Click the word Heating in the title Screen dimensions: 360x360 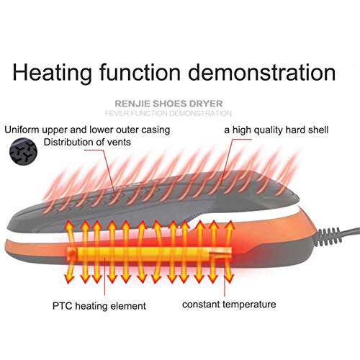click(x=52, y=73)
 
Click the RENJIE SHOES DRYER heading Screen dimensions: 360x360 click(x=168, y=104)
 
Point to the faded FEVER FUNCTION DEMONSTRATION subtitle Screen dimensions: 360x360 click(x=168, y=113)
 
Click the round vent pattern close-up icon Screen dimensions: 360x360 click(x=23, y=151)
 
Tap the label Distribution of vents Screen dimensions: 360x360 click(x=87, y=142)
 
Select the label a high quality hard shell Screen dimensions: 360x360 click(x=276, y=130)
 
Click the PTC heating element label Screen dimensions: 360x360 click(x=99, y=306)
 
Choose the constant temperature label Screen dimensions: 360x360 click(x=229, y=305)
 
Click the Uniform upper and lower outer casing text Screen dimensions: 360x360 click(x=87, y=130)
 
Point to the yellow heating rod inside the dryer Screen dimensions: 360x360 click(x=149, y=254)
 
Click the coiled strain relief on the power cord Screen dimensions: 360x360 click(x=328, y=237)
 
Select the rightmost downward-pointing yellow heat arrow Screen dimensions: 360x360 click(x=229, y=272)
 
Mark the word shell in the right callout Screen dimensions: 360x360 click(x=318, y=130)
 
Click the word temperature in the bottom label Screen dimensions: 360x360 click(x=249, y=305)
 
